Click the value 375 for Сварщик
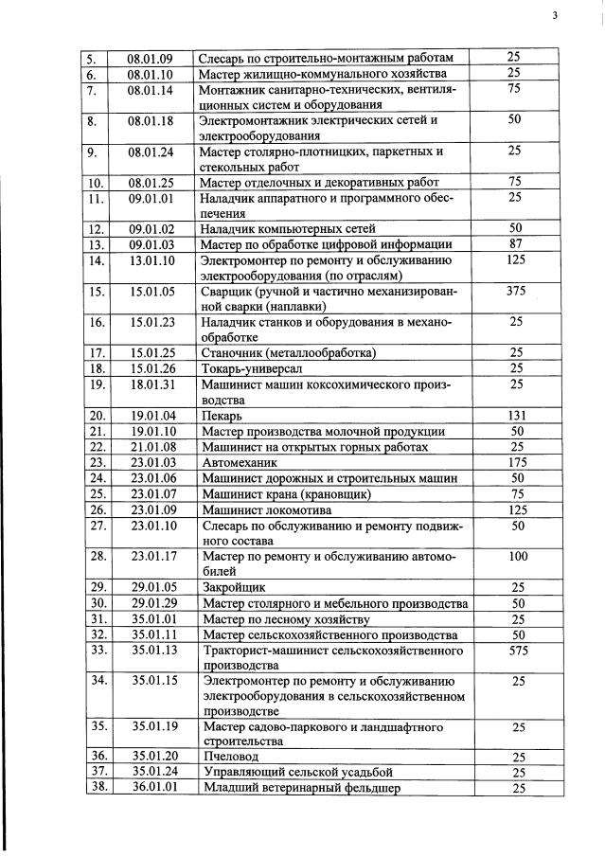516,292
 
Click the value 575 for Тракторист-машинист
516,652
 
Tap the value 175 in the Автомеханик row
516,462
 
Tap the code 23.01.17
154,557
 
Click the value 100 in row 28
516,557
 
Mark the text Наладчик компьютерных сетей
287,229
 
